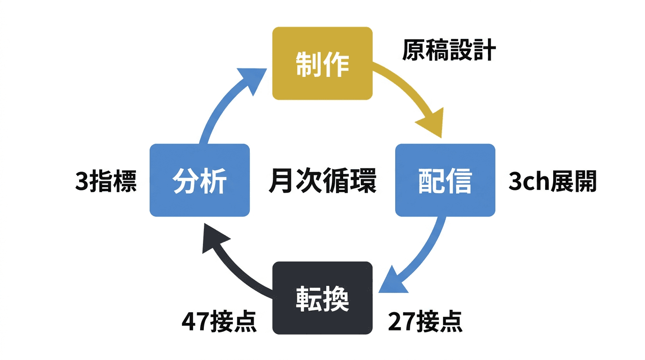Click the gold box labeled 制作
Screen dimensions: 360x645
[x=322, y=63]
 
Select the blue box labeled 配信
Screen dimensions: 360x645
[x=445, y=180]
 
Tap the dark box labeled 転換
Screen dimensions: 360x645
[x=322, y=298]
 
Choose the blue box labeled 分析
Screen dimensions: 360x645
[x=200, y=180]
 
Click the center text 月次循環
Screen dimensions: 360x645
[x=322, y=180]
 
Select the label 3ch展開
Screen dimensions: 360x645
[x=552, y=181]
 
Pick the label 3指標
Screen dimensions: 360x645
[x=106, y=181]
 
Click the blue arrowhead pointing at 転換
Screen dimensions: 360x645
[x=393, y=280]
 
